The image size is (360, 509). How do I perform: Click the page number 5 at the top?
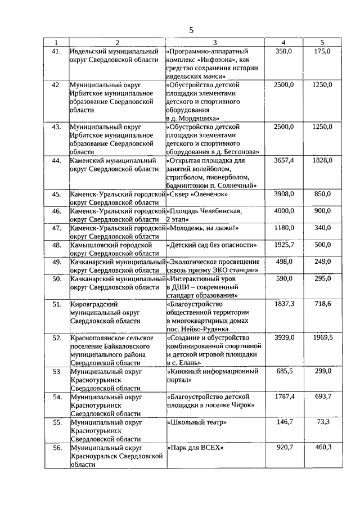point(191,29)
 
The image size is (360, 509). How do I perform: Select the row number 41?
point(56,52)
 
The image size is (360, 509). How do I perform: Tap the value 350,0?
point(284,52)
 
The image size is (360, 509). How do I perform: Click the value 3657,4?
point(284,160)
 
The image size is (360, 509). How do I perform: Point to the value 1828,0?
point(322,160)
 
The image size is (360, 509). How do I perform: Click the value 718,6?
point(322,304)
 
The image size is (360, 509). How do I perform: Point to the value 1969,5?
point(322,337)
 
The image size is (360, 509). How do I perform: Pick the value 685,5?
point(284,371)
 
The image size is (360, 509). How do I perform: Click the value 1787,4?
point(284,397)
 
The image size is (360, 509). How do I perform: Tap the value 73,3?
point(322,422)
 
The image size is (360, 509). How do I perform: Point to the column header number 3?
point(215,43)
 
